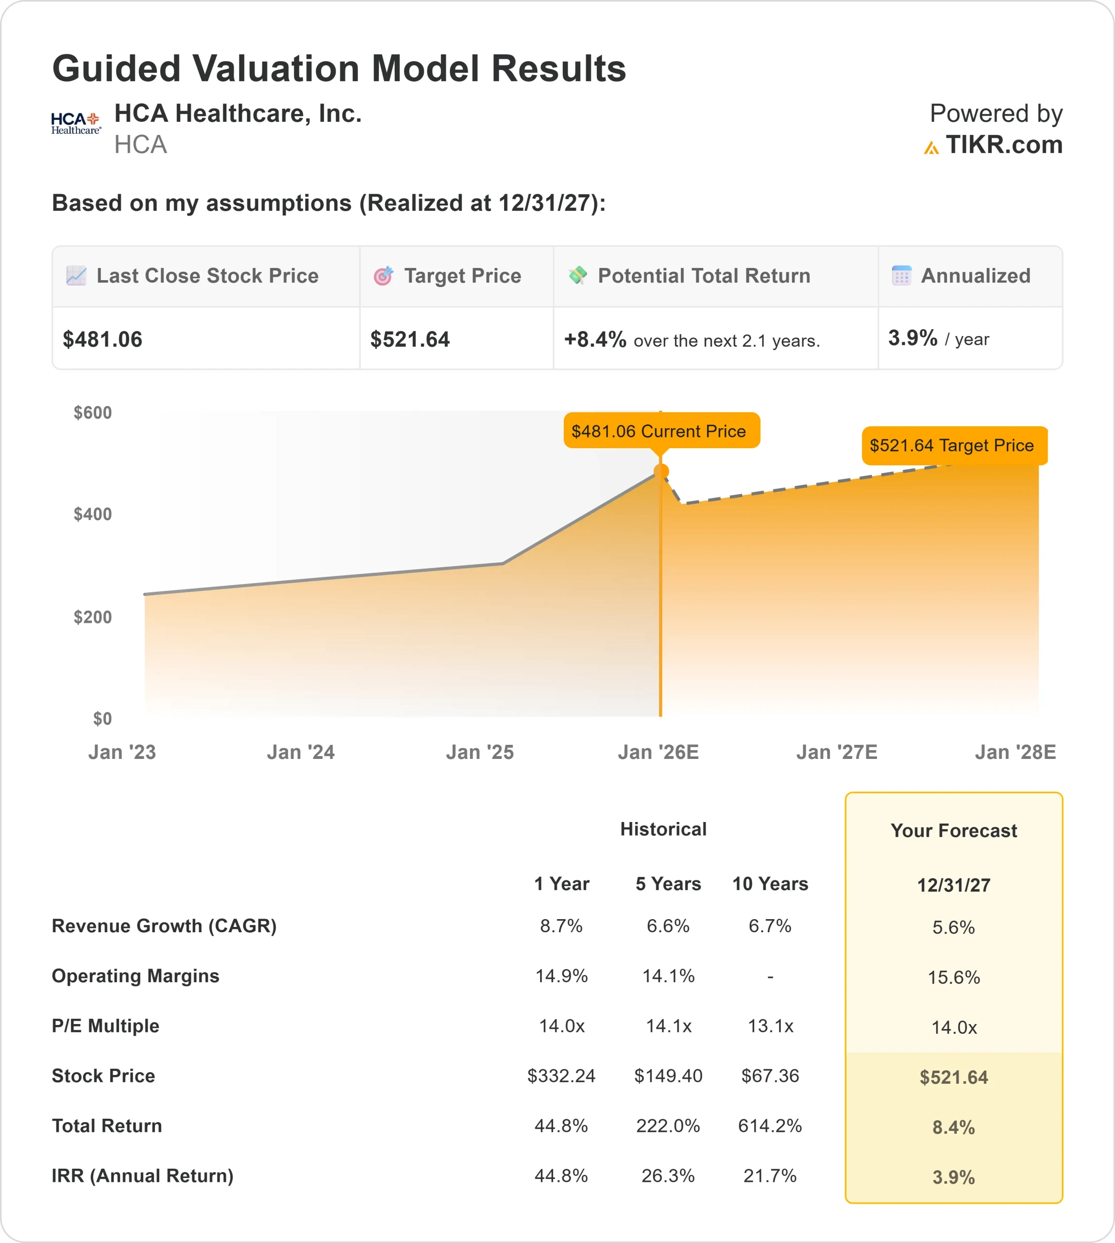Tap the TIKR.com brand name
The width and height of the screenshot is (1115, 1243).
point(1003,145)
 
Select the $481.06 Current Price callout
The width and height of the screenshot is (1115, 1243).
point(661,431)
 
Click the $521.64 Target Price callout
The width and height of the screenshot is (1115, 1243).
point(954,445)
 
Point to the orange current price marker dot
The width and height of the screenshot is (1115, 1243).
point(661,471)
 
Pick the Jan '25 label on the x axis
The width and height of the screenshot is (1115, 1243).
point(480,752)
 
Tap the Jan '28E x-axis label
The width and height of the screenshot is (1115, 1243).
point(1015,752)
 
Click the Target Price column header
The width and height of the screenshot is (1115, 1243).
point(462,276)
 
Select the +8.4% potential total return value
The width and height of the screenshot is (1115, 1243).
point(595,339)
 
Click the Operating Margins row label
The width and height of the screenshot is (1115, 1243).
point(135,976)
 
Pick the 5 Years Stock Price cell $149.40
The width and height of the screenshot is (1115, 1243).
point(668,1076)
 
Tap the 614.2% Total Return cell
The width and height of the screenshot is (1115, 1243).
point(769,1125)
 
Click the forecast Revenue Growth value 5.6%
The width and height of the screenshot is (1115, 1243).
point(953,927)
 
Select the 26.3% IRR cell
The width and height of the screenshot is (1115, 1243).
point(668,1176)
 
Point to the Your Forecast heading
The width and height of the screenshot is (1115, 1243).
point(953,831)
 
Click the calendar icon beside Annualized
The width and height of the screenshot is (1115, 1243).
point(901,276)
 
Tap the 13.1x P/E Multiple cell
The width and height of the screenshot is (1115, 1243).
point(770,1026)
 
